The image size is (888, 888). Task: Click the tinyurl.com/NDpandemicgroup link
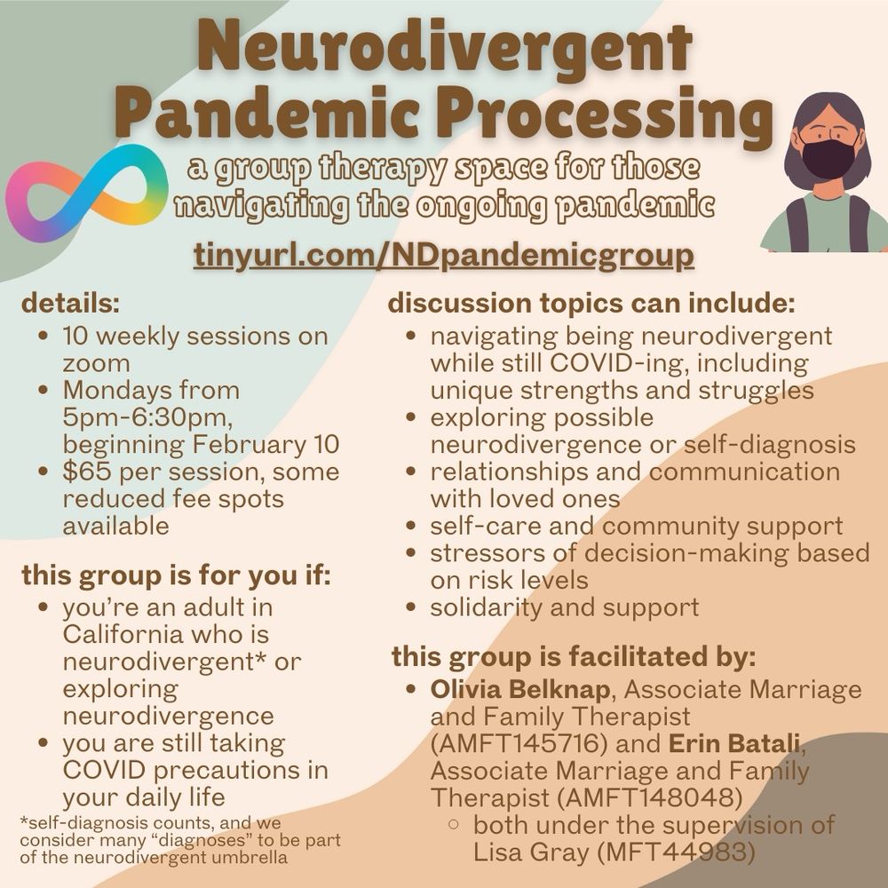[x=443, y=255]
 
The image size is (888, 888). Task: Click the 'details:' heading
[x=70, y=304]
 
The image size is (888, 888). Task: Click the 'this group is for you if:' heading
[x=176, y=575]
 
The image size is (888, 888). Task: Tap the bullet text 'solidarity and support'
[x=565, y=608]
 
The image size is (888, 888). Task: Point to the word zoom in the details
[x=96, y=362]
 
